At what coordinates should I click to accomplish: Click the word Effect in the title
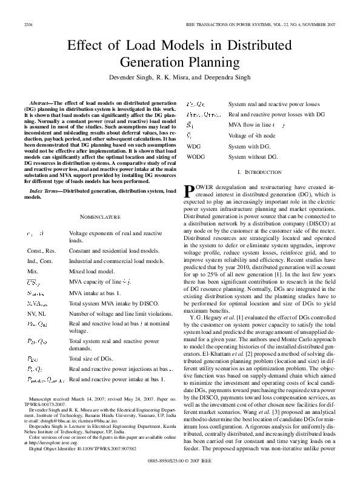tap(87, 47)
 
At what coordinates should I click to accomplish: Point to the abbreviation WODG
tap(196, 156)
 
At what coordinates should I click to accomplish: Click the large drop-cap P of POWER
tap(190, 192)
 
